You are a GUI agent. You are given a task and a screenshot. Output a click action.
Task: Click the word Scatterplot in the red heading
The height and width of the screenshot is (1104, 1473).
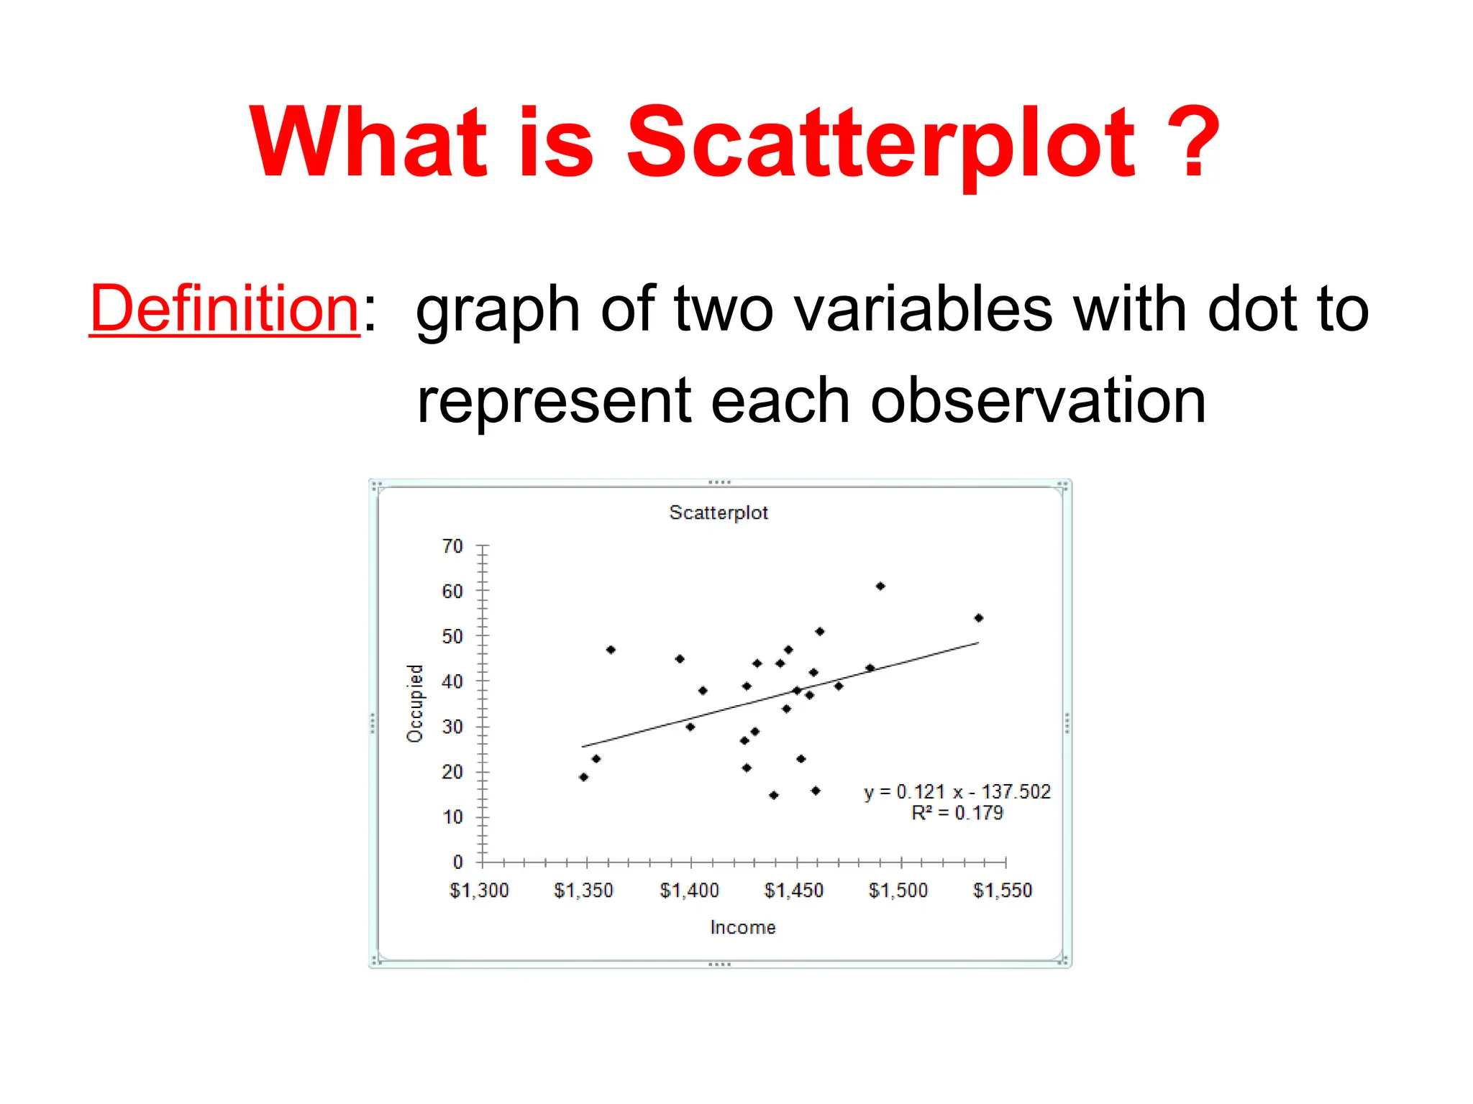click(880, 142)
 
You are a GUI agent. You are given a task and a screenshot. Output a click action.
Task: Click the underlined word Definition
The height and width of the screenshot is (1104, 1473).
click(224, 309)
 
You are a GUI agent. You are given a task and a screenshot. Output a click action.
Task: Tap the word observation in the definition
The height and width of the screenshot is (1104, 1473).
click(1038, 401)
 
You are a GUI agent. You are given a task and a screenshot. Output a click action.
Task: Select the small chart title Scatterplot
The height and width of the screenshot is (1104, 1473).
click(718, 512)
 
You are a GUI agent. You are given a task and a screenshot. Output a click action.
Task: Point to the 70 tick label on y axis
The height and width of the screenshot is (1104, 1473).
click(452, 546)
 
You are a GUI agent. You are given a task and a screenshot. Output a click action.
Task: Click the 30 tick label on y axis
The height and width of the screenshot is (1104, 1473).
click(452, 727)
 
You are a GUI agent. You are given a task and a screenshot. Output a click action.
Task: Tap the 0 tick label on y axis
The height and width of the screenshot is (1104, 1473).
click(457, 862)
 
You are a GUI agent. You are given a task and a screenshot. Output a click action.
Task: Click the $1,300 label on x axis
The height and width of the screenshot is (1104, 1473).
click(479, 891)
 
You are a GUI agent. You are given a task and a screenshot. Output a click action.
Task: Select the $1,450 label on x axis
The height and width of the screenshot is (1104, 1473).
click(793, 891)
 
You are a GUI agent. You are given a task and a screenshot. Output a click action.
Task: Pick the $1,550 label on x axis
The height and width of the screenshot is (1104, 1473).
click(1003, 891)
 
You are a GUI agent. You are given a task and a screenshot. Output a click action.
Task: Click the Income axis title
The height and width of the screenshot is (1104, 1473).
click(742, 927)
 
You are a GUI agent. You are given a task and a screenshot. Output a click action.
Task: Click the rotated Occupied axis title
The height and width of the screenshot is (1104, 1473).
click(415, 703)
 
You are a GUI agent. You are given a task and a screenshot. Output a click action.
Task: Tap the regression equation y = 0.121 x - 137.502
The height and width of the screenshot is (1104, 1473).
click(957, 791)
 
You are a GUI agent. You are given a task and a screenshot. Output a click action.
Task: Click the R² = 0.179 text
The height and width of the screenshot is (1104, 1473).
click(957, 813)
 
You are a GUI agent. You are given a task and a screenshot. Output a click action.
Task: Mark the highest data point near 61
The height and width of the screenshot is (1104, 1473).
click(880, 586)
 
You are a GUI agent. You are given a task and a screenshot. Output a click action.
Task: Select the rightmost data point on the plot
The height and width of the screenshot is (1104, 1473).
click(978, 618)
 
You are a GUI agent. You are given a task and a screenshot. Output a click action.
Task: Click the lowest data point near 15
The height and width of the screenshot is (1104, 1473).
click(774, 795)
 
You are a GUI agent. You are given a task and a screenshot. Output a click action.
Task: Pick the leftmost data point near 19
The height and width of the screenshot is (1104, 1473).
click(583, 777)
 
